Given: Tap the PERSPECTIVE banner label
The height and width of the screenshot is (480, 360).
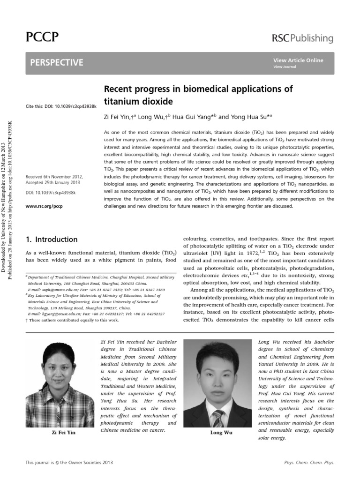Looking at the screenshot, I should [x=57, y=62].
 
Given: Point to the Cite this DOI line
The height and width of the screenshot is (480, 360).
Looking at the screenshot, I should [x=61, y=107].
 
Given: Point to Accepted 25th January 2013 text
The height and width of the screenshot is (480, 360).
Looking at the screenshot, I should [x=54, y=182].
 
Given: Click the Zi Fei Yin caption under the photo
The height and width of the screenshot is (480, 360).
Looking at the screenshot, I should [x=63, y=433].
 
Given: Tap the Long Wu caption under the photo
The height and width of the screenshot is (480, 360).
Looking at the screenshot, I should [x=222, y=433].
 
